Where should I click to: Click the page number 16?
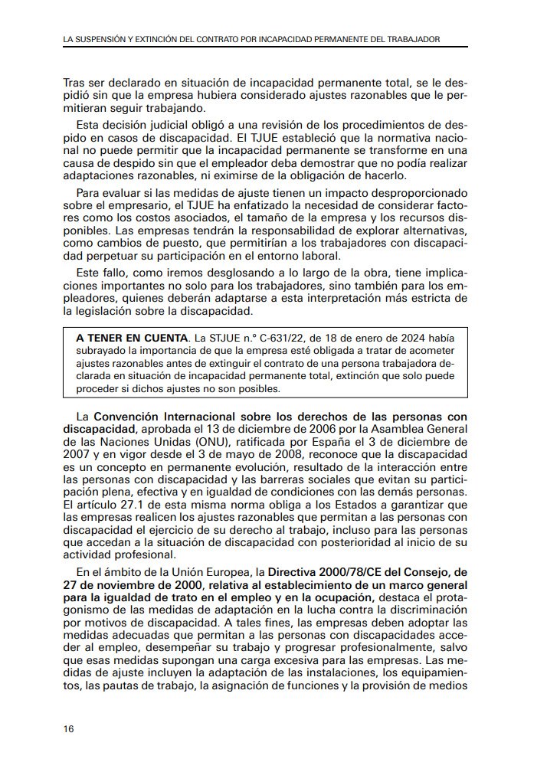[x=69, y=728]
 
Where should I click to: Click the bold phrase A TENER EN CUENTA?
[x=132, y=338]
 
